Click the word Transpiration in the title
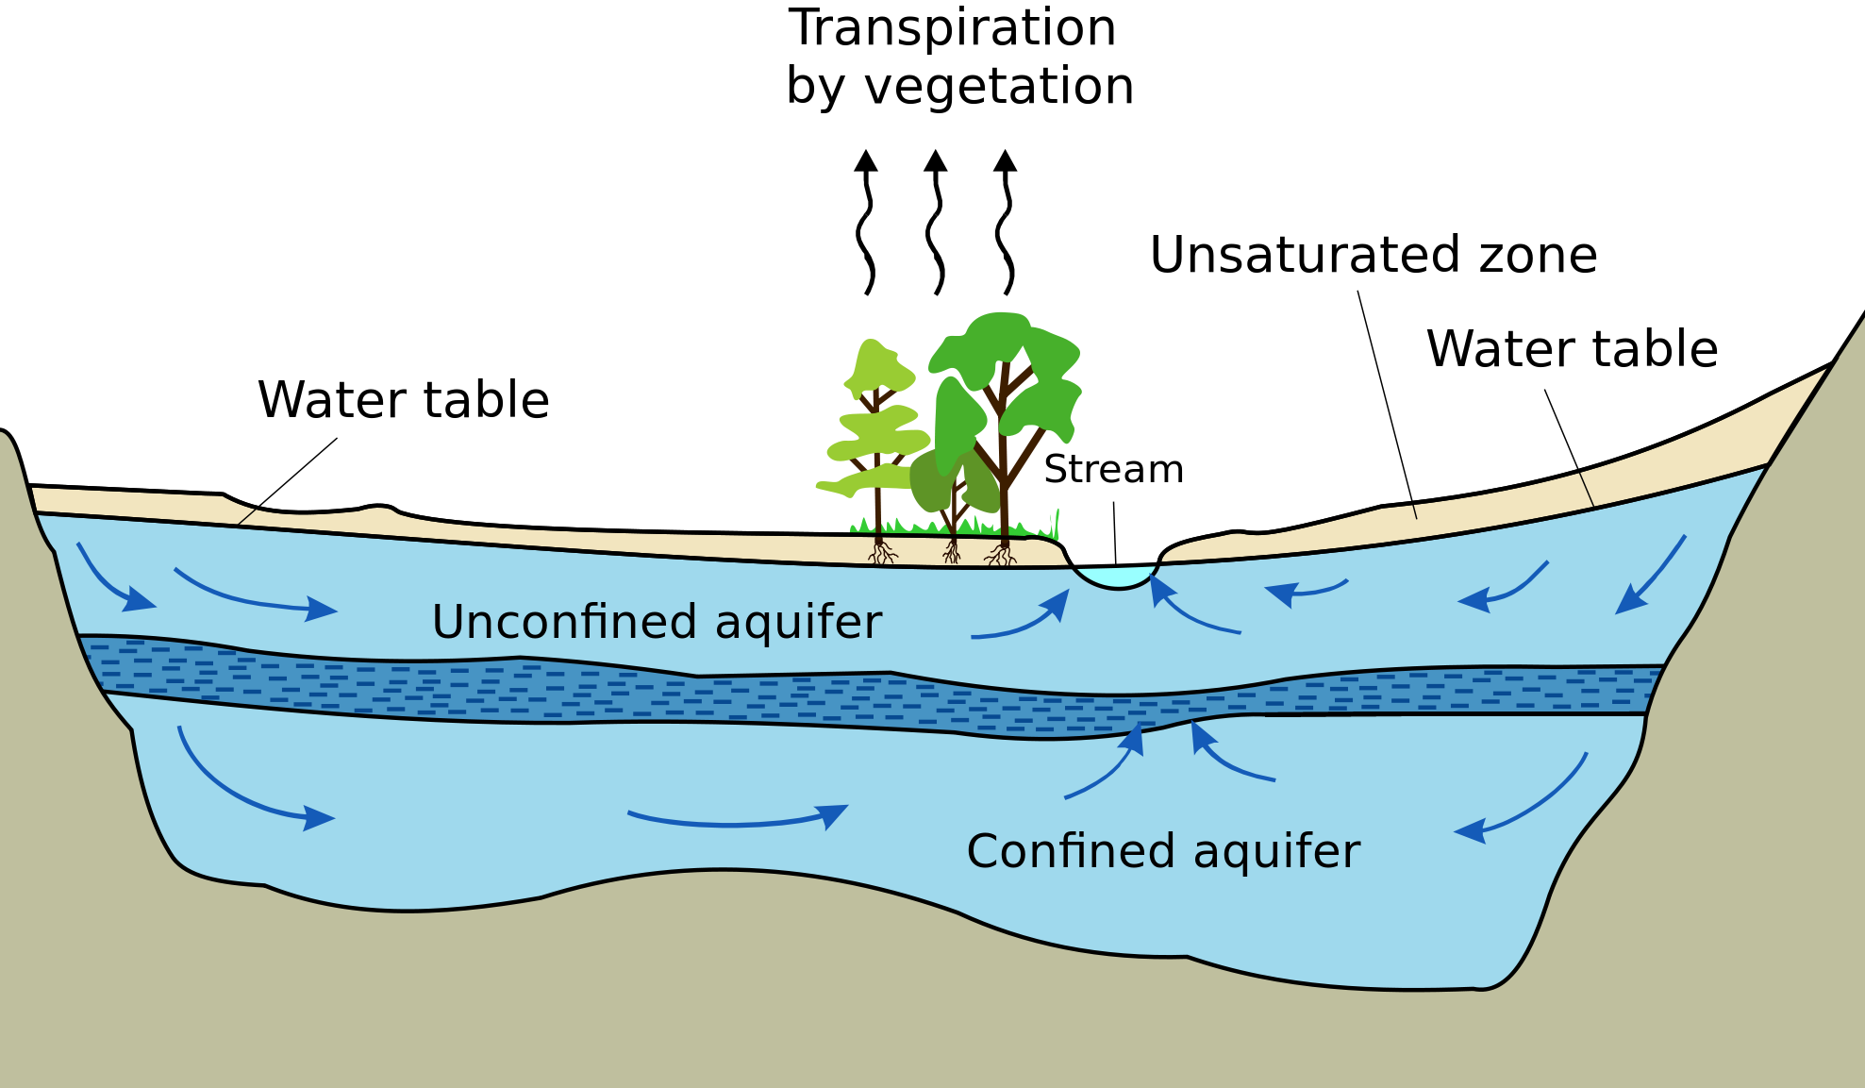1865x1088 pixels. point(952,28)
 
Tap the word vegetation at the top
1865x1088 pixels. point(999,87)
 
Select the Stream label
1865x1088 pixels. point(1113,469)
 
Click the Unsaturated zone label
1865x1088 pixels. point(1373,255)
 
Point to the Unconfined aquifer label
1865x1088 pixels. point(657,622)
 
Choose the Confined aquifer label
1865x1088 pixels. point(1162,851)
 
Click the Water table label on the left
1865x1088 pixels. point(403,400)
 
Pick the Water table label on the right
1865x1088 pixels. point(1572,349)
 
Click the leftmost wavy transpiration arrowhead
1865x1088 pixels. point(866,161)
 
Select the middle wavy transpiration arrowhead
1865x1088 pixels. point(935,161)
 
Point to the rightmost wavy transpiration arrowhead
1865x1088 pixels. point(1006,161)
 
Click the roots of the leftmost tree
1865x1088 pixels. point(882,553)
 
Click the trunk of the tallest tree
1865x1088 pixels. point(1004,491)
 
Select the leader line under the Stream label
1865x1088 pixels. point(1115,533)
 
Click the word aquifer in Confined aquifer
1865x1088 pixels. point(1276,851)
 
